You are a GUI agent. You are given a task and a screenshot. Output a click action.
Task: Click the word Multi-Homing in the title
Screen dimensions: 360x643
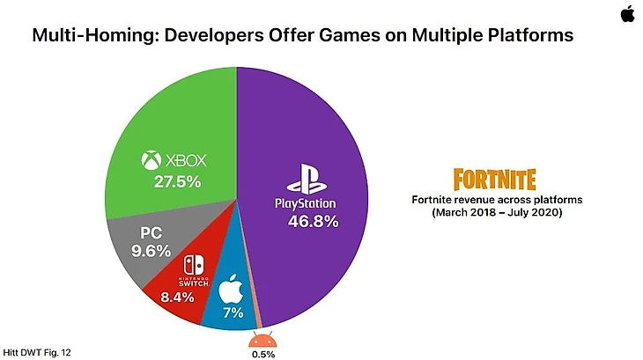[x=86, y=37]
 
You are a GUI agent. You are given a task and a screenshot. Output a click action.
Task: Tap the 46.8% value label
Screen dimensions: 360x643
[x=314, y=222]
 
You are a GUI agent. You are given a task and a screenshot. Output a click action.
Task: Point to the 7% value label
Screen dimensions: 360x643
[x=232, y=312]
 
